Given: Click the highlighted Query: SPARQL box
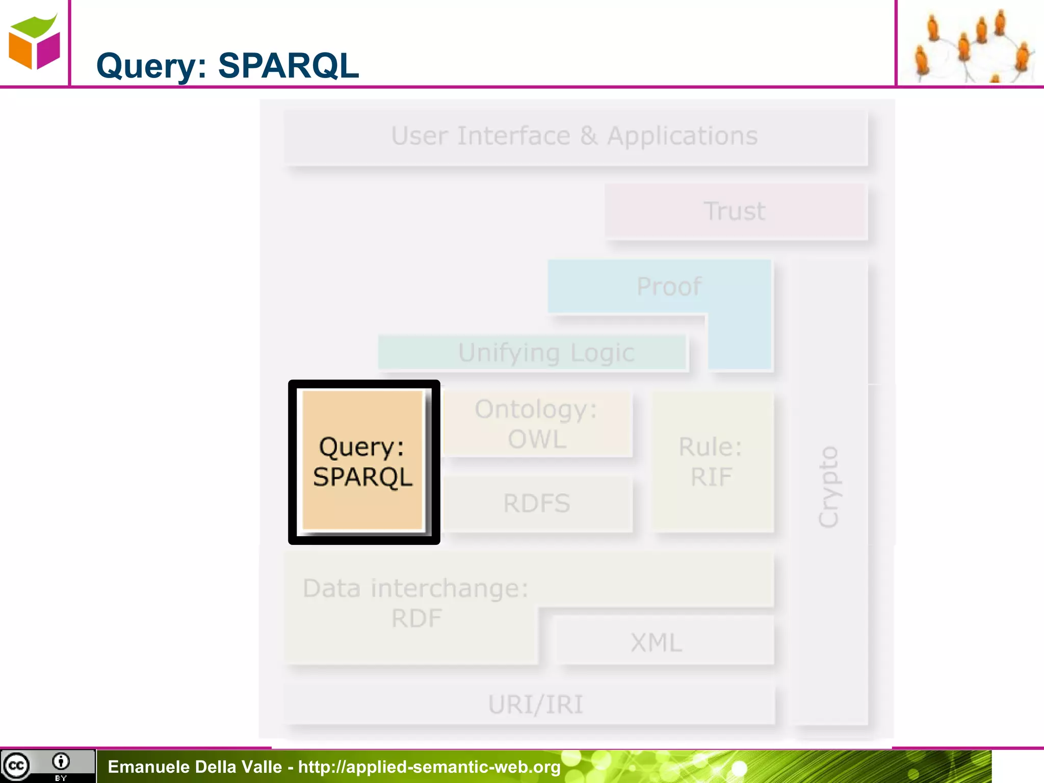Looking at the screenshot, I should (363, 461).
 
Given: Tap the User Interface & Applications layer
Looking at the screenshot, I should (575, 137).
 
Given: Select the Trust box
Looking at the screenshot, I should (735, 211).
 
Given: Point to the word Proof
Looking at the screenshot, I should (669, 286).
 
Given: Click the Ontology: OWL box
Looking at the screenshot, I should (537, 424).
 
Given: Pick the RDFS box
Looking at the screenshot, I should (537, 504).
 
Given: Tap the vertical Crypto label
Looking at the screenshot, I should (828, 487).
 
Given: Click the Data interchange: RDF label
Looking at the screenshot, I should (415, 603).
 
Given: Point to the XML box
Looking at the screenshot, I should (657, 642).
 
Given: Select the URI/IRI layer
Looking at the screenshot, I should (535, 705).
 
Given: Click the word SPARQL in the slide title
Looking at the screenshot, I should (289, 66).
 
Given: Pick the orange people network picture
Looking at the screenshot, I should (970, 45).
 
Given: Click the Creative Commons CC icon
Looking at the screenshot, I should (16, 766).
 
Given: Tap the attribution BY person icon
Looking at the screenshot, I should (61, 762).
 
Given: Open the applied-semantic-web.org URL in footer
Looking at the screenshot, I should (429, 767).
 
